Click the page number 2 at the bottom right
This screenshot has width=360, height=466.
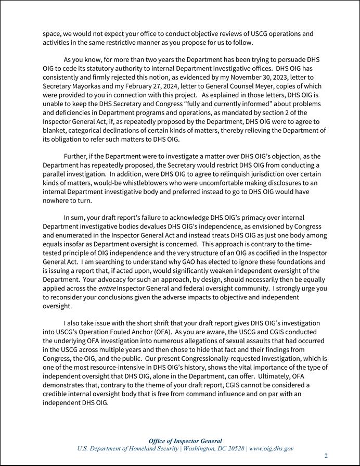point(326,456)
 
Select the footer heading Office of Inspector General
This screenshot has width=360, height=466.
point(185,441)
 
